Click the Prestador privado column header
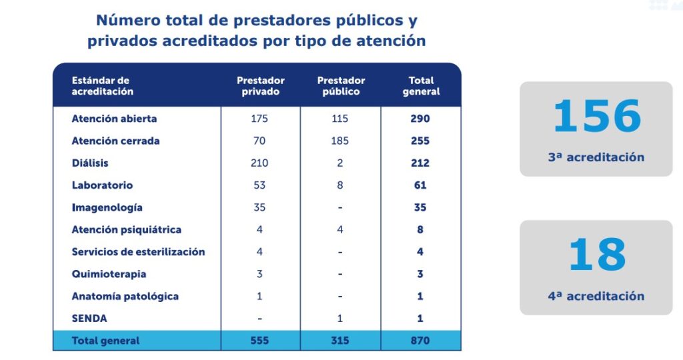[x=260, y=86]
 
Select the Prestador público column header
[x=341, y=86]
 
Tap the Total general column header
[x=421, y=86]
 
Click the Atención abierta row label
[x=114, y=119]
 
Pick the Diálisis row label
[x=90, y=163]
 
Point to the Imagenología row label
[x=107, y=207]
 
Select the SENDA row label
[x=89, y=319]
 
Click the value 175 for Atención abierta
[x=259, y=119]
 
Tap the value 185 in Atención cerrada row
[x=340, y=141]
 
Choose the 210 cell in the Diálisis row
[x=259, y=163]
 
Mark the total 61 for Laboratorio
[x=420, y=185]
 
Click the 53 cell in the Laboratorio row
[x=259, y=185]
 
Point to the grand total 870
[x=420, y=341]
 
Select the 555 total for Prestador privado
[x=259, y=341]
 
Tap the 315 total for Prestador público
[x=340, y=341]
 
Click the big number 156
[x=596, y=117]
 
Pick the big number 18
[x=596, y=255]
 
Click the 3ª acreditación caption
[x=596, y=157]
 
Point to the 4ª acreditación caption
[x=596, y=296]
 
